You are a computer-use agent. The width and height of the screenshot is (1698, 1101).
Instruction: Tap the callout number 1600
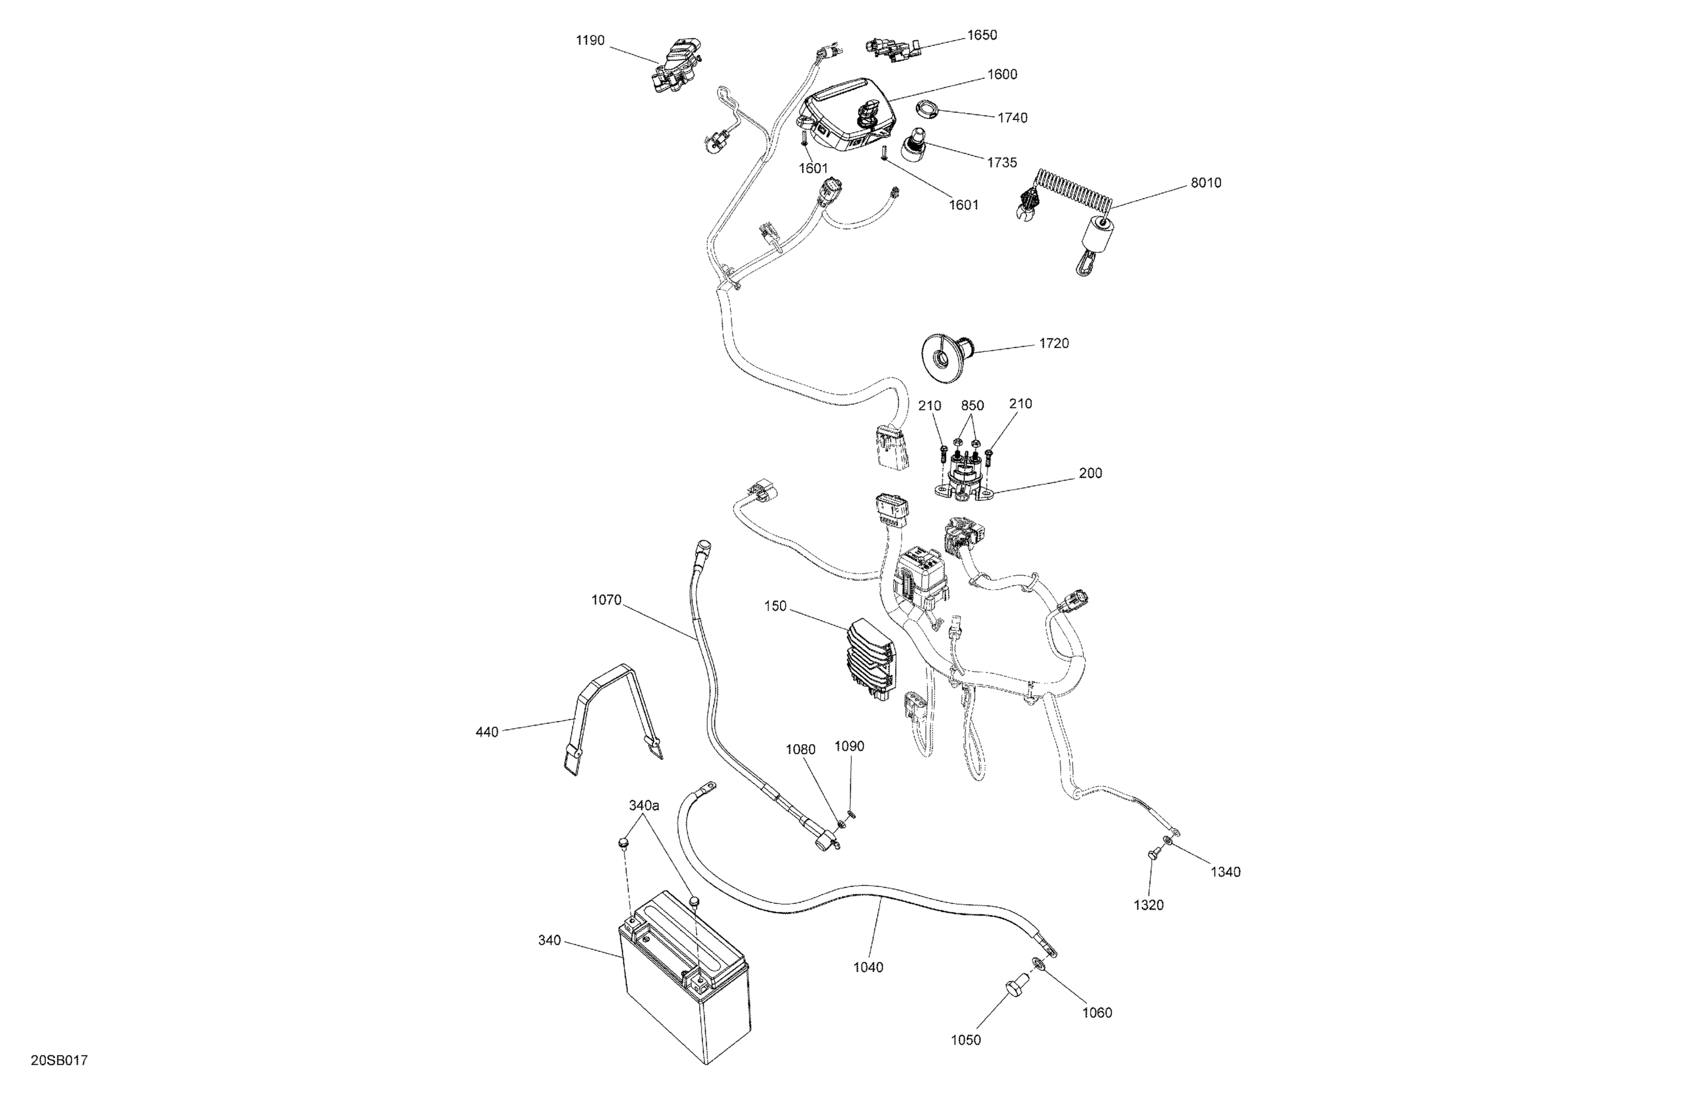point(1002,74)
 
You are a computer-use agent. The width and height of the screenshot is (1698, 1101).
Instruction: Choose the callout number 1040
point(868,967)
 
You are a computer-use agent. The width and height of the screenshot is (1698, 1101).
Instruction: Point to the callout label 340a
point(644,805)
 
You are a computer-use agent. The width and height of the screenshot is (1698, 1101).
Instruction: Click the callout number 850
point(972,405)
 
